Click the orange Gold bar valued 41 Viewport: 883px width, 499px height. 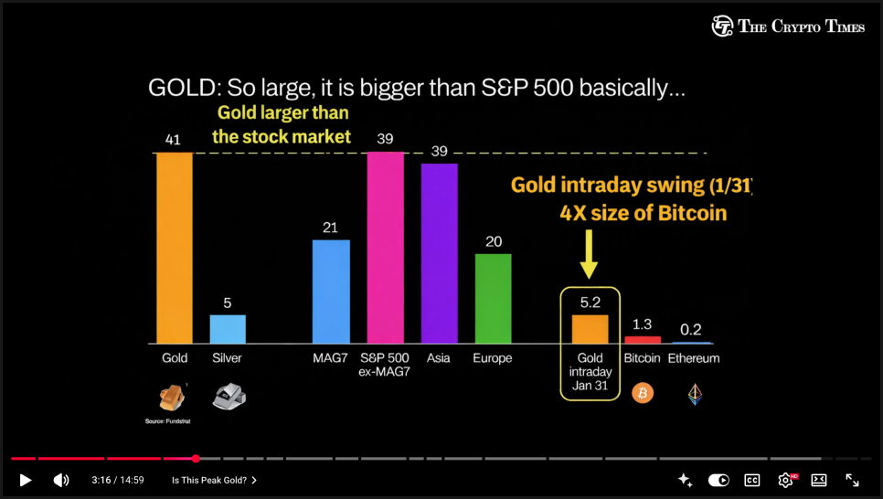pyautogui.click(x=175, y=247)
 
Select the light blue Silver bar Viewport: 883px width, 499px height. pyautogui.click(x=228, y=329)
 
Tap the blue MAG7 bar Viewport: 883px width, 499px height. pyautogui.click(x=331, y=291)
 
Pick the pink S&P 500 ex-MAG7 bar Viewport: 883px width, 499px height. pyautogui.click(x=385, y=247)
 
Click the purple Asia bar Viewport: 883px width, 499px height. pyautogui.click(x=439, y=252)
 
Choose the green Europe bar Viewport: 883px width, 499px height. pyautogui.click(x=493, y=298)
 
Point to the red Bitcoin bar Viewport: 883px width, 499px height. pyautogui.click(x=643, y=340)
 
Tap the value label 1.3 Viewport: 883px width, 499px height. pyautogui.click(x=643, y=324)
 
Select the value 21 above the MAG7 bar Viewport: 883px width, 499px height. pyautogui.click(x=331, y=228)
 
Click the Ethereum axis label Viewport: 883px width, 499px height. pyautogui.click(x=694, y=358)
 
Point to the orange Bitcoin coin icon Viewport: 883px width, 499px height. pyautogui.click(x=643, y=393)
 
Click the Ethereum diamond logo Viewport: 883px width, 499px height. pyautogui.click(x=695, y=394)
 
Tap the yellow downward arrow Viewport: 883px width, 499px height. pyautogui.click(x=590, y=254)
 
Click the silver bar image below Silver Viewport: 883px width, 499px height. pyautogui.click(x=229, y=395)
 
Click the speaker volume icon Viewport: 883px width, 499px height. pyautogui.click(x=61, y=480)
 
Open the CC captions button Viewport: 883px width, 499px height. pyautogui.click(x=752, y=480)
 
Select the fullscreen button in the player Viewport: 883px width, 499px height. pyautogui.click(x=852, y=480)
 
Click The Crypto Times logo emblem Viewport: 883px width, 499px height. pyautogui.click(x=722, y=27)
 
